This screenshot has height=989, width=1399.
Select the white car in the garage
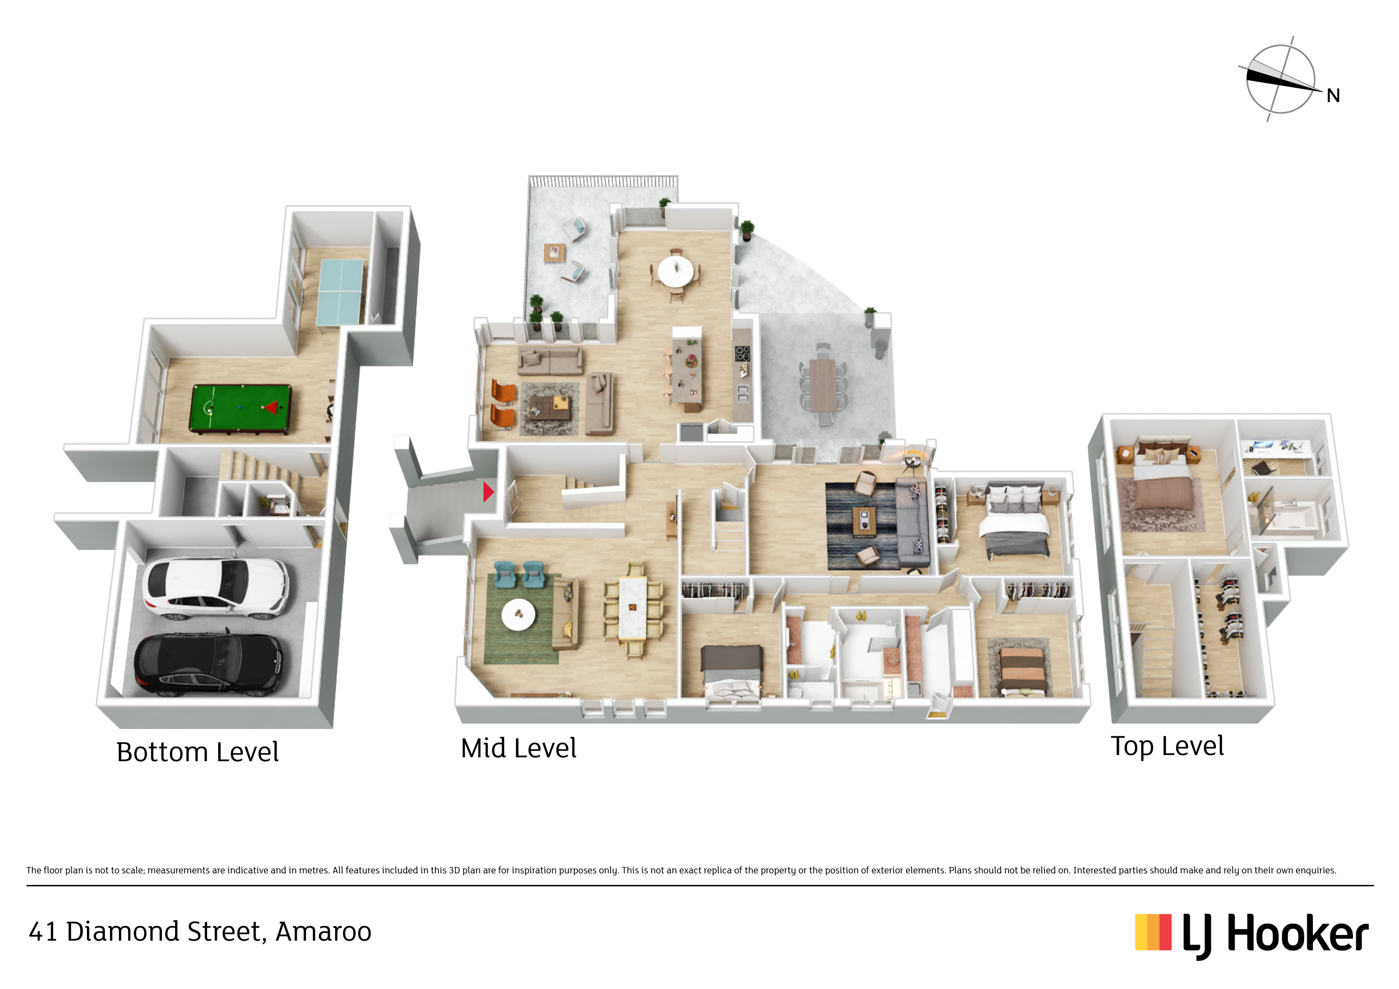tap(215, 587)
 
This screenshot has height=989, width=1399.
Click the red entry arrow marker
tap(488, 492)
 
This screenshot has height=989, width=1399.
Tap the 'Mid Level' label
tap(518, 748)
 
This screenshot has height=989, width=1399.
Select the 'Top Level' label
tap(1167, 746)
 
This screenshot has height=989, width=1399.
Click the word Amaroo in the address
tap(323, 932)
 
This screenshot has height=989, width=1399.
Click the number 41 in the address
tap(43, 932)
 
